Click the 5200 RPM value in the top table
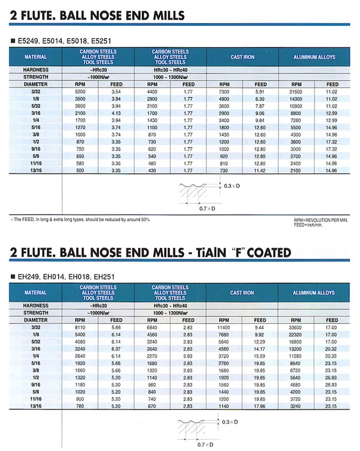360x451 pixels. (x=80, y=91)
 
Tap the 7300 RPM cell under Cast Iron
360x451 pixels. (x=224, y=91)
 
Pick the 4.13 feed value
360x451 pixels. (x=116, y=112)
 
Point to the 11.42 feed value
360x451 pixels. (x=260, y=170)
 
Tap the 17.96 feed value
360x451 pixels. (x=260, y=406)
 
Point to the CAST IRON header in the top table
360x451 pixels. (x=242, y=57)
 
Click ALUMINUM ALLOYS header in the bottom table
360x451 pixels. (x=314, y=293)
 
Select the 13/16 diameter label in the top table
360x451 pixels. (x=35, y=170)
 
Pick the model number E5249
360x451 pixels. (x=29, y=40)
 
